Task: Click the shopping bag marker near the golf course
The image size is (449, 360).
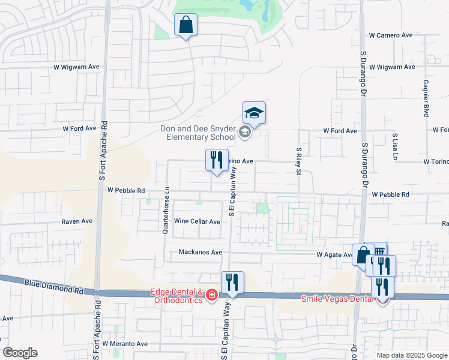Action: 185,26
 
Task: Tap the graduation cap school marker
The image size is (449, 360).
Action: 254,113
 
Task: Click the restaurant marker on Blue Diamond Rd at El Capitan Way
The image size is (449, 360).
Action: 232,283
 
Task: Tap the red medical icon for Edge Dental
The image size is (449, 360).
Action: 211,295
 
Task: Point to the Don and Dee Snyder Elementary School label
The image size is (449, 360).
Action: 198,132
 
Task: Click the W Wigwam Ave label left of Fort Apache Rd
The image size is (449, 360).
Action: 76,67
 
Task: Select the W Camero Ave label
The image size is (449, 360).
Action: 391,35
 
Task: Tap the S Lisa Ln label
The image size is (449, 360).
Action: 395,146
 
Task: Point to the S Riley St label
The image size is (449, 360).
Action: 298,160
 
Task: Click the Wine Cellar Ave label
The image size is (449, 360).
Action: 197,221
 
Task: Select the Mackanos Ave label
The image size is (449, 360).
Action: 200,253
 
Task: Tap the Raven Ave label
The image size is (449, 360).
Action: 77,221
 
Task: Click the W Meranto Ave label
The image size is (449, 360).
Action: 125,344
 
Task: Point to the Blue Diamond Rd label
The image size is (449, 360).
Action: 54,285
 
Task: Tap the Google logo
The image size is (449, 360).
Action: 20,353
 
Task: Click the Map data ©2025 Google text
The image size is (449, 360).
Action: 411,355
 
